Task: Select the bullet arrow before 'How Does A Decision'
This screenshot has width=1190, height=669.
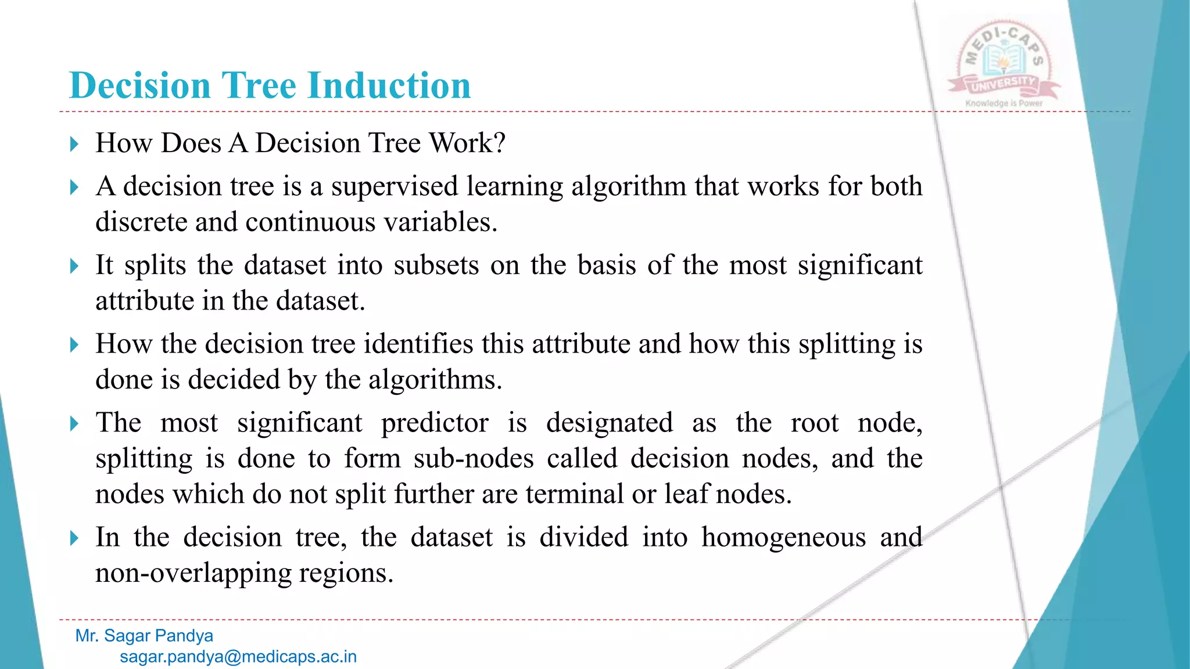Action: [x=74, y=143]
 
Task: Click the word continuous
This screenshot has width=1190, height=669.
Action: [x=310, y=222]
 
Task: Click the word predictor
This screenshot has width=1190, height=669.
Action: [x=435, y=423]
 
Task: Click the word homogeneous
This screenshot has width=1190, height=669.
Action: [x=783, y=537]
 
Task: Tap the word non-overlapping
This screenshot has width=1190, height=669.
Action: [x=193, y=573]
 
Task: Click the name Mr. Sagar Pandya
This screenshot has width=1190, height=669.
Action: [x=144, y=636]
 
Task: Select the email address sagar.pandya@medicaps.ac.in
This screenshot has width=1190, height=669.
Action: [x=238, y=657]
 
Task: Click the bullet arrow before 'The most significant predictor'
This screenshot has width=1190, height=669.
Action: [x=74, y=423]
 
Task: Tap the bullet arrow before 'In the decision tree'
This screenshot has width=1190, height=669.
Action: [x=74, y=538]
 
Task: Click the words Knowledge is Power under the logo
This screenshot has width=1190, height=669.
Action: [x=1003, y=103]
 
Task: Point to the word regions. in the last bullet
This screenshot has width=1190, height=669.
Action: [x=346, y=573]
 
